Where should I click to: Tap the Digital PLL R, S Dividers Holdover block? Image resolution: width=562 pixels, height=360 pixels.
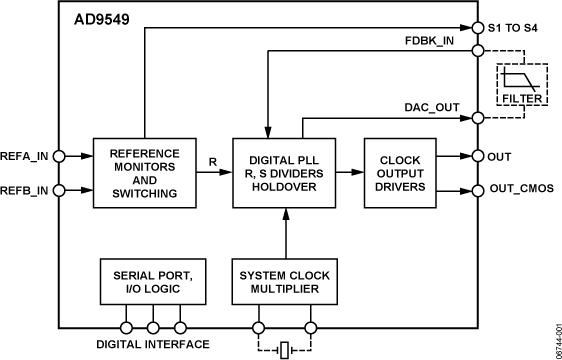pyautogui.click(x=285, y=172)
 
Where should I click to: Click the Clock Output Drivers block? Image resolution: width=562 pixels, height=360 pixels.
pyautogui.click(x=400, y=172)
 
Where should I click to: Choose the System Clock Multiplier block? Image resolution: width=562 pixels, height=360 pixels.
pyautogui.click(x=285, y=282)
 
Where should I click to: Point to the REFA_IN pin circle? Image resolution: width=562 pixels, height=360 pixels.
pyautogui.click(x=59, y=156)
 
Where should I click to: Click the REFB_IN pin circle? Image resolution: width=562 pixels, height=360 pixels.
pyautogui.click(x=59, y=189)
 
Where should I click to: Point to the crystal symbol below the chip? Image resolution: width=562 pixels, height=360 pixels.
pyautogui.click(x=285, y=348)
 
